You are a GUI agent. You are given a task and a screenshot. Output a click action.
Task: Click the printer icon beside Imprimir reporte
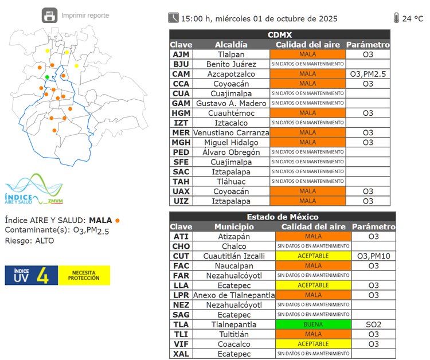pyautogui.click(x=50, y=15)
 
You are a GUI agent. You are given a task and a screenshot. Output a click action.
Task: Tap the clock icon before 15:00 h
pyautogui.click(x=173, y=18)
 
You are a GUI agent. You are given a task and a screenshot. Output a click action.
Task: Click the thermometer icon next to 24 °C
pyautogui.click(x=396, y=18)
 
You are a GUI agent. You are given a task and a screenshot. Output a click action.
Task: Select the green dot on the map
pyautogui.click(x=47, y=77)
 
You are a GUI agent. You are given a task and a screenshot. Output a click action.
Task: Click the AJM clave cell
pyautogui.click(x=181, y=54)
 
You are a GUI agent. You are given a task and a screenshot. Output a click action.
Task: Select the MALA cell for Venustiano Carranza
pyautogui.click(x=307, y=132)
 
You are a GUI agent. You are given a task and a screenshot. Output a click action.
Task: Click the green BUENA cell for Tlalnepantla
pyautogui.click(x=313, y=324)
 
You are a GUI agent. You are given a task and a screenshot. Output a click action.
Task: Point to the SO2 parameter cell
pyautogui.click(x=373, y=324)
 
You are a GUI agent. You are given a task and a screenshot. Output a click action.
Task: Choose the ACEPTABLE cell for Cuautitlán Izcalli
pyautogui.click(x=313, y=256)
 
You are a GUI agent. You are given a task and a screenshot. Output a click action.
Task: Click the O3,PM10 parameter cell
pyautogui.click(x=373, y=256)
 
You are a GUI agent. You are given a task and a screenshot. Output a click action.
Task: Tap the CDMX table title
pyautogui.click(x=280, y=34)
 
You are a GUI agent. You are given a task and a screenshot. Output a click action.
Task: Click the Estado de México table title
pyautogui.click(x=282, y=217)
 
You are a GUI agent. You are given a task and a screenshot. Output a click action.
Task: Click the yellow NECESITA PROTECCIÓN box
pyautogui.click(x=84, y=275)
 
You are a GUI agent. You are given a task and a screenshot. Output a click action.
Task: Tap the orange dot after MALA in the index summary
pyautogui.click(x=118, y=220)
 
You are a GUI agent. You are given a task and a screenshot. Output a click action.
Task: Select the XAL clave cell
pyautogui.click(x=181, y=354)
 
